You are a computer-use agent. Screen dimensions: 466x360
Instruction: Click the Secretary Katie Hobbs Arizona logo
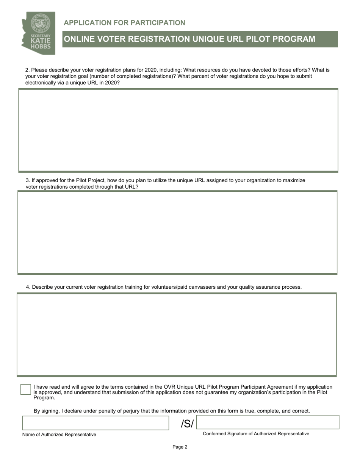click(38, 33)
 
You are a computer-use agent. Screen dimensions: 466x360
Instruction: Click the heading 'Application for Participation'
click(124, 23)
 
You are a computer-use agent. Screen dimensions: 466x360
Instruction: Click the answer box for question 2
click(178, 130)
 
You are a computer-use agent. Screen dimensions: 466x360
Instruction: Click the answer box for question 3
click(177, 232)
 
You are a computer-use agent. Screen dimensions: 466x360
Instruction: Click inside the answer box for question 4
click(177, 335)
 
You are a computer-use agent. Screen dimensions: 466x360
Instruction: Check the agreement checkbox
click(25, 390)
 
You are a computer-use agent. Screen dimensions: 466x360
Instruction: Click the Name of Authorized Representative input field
click(95, 423)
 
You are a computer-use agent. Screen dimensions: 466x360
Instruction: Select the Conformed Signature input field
click(268, 422)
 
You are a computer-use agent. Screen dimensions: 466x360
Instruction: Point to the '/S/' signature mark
click(187, 424)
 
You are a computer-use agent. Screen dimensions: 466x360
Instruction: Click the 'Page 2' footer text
click(180, 447)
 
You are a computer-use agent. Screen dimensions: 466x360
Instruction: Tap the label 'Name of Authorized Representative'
click(59, 435)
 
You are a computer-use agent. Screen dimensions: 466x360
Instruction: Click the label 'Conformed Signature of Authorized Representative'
click(256, 434)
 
